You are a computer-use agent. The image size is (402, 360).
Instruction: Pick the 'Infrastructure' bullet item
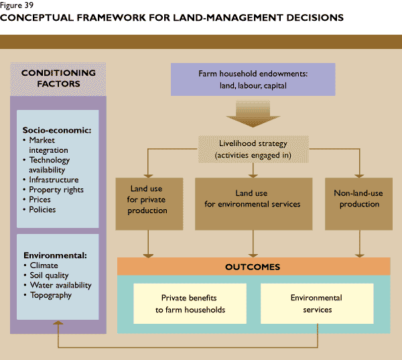[x=54, y=180]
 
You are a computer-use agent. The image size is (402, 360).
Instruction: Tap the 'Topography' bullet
[x=50, y=295]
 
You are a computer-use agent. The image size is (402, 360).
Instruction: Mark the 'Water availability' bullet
[x=60, y=285]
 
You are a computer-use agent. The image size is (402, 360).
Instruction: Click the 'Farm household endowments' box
[x=253, y=79]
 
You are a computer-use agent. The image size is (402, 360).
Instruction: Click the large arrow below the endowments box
[x=253, y=115]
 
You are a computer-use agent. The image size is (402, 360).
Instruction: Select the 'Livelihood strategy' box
[x=253, y=149]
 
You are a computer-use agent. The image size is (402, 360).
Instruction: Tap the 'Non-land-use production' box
[x=358, y=199]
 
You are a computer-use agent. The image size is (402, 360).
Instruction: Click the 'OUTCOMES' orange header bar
[x=253, y=267]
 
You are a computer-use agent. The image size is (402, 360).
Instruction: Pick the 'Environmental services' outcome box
[x=316, y=303]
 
